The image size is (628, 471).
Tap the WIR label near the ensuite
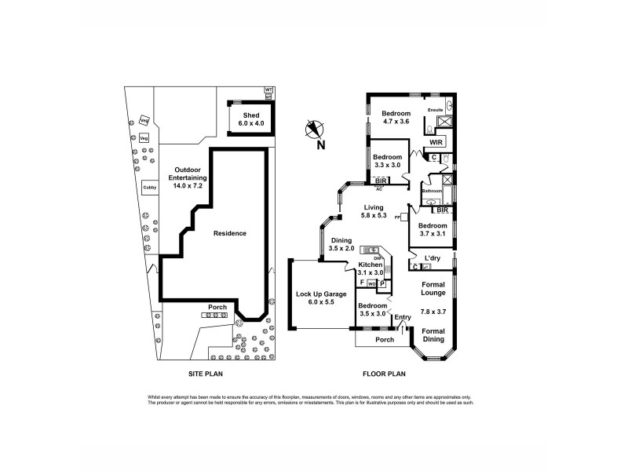(436, 143)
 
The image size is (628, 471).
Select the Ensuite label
(435, 111)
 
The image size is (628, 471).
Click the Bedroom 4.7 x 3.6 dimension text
(396, 122)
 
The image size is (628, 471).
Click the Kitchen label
(370, 265)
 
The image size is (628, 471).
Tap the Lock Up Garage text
(319, 295)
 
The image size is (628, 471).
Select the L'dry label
(432, 258)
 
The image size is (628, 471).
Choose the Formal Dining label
(433, 334)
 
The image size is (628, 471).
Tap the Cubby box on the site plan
(148, 188)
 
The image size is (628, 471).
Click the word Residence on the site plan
(230, 233)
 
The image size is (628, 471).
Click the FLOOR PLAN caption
(382, 374)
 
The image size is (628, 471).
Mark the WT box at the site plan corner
(268, 90)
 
